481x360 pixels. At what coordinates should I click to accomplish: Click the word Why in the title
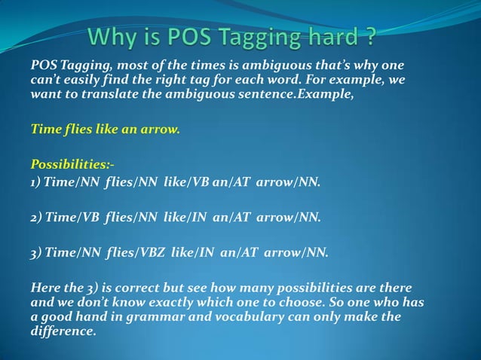[112, 35]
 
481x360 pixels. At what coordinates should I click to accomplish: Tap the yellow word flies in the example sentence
[74, 129]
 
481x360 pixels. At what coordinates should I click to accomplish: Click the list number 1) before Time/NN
[35, 182]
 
